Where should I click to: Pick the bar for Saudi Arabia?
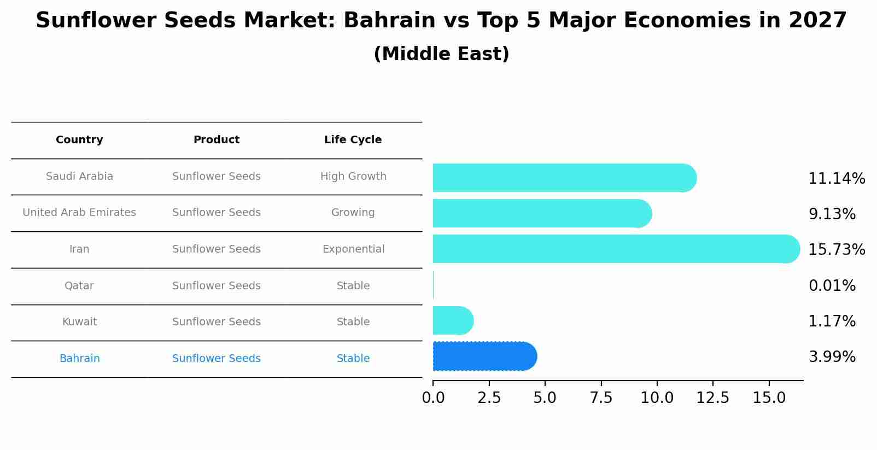pos(563,178)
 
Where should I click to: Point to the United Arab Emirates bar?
pos(541,213)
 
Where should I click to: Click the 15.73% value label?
pos(836,250)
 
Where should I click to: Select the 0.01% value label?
pos(832,286)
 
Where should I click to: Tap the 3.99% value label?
pos(832,357)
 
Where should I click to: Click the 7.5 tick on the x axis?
pos(601,398)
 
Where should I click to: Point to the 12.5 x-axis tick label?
pos(712,398)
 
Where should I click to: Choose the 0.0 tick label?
pos(433,398)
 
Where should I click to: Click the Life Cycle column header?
pos(353,140)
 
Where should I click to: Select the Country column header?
pos(79,140)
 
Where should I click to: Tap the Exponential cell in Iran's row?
pos(353,249)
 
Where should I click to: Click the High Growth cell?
pos(353,177)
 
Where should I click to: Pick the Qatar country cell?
pos(79,286)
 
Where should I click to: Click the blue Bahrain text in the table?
pos(80,359)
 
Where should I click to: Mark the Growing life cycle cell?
pos(353,213)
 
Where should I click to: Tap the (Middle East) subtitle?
pos(441,54)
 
